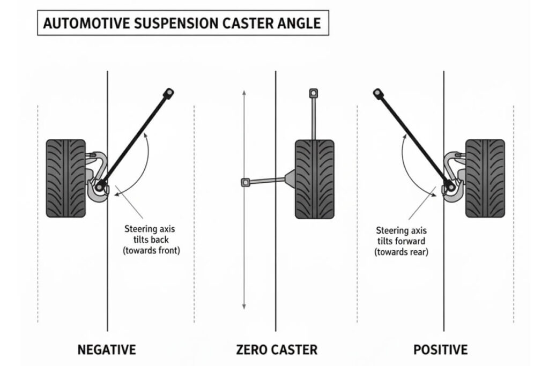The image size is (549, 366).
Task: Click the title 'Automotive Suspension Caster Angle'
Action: [182, 23]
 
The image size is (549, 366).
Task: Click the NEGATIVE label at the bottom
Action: [107, 350]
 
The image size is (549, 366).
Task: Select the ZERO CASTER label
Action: [276, 350]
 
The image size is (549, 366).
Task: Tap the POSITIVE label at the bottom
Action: [440, 350]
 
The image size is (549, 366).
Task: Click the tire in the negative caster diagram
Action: [65, 178]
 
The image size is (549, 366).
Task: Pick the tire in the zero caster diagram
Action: [314, 178]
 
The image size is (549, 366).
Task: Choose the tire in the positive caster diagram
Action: [485, 178]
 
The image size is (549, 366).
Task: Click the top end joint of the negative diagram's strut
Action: [168, 94]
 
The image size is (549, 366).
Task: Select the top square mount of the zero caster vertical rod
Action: [314, 93]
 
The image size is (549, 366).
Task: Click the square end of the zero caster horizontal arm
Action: [245, 183]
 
